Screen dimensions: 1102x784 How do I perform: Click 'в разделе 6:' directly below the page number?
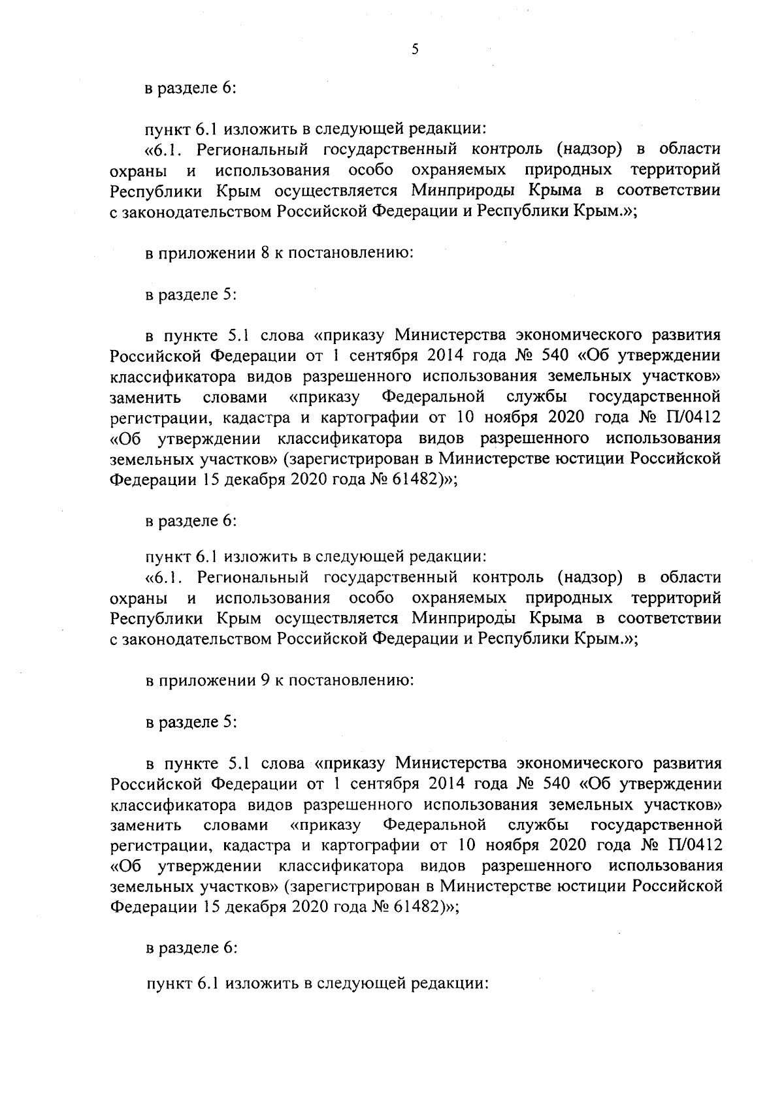[x=190, y=89]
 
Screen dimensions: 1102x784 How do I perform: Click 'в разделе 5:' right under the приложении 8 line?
[x=190, y=294]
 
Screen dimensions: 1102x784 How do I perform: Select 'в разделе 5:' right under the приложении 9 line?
[x=190, y=723]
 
